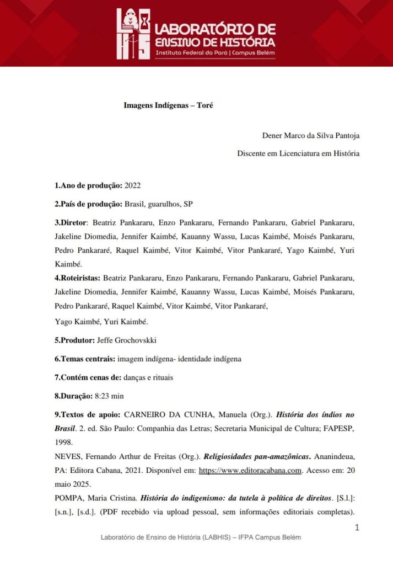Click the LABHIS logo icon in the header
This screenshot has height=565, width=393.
point(133,34)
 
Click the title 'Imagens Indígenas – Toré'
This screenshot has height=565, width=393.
point(168,105)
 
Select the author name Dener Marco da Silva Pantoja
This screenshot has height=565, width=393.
point(310,135)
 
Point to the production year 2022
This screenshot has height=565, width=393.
point(133,185)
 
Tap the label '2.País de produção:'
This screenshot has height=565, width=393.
point(88,204)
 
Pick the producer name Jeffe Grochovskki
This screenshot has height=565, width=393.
point(126,340)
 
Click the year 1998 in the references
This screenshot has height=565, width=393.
point(63,442)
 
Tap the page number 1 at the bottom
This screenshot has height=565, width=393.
point(357,527)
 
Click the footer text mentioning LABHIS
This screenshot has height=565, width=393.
point(201,537)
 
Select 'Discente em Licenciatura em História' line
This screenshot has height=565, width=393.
point(298,153)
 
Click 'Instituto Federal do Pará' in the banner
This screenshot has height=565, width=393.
point(192,53)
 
